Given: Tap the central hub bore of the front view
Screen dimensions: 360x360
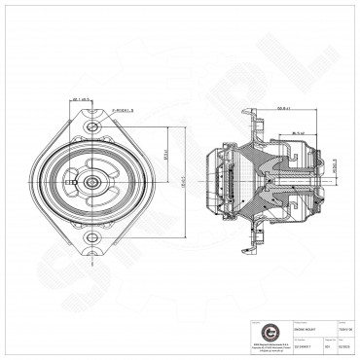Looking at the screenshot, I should [x=90, y=182].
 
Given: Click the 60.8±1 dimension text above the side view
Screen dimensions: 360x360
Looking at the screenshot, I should [x=284, y=109].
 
